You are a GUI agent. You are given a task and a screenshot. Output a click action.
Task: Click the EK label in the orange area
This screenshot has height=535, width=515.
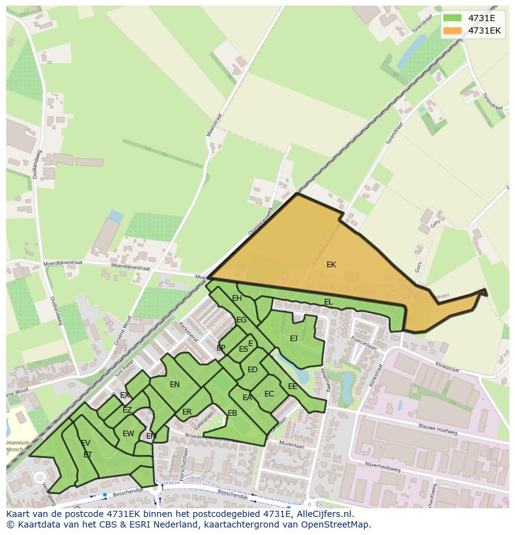point(331,265)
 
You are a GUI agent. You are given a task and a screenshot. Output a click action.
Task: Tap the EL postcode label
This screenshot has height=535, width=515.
point(328,302)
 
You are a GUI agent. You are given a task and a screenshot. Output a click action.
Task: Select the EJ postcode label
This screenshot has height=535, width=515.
point(294,339)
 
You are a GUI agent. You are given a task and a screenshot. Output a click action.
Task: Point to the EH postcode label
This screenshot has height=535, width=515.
point(237,298)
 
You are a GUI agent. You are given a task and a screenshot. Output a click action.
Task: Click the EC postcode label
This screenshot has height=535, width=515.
point(269,394)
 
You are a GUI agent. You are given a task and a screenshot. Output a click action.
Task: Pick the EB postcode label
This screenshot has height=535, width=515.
point(232,413)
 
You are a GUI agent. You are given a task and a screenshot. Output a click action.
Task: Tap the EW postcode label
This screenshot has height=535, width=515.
point(128,434)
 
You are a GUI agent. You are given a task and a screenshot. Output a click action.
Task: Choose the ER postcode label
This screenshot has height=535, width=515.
point(187,412)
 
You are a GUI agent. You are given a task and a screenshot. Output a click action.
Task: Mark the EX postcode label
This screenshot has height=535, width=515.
point(125,395)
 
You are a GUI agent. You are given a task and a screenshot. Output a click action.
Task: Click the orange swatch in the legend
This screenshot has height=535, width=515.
point(452,30)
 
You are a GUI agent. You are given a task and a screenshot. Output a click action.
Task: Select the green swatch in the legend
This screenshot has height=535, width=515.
point(452,18)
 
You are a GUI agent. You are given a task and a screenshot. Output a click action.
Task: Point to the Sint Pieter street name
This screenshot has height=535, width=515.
point(125,369)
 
